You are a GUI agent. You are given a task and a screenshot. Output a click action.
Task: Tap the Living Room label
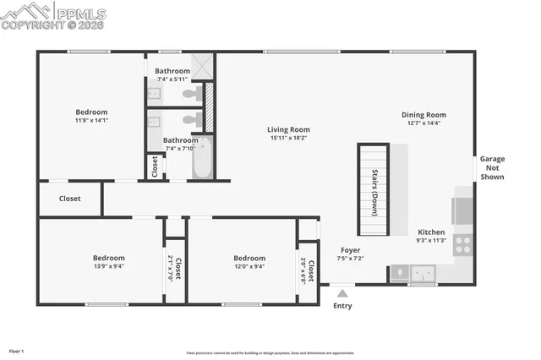(288, 128)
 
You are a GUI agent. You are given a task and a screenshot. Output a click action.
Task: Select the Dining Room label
(424, 115)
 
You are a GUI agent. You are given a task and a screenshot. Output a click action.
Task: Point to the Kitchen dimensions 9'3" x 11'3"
(431, 240)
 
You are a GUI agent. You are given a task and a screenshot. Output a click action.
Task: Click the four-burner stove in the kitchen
(463, 245)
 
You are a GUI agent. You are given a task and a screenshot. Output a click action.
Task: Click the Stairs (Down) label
(374, 192)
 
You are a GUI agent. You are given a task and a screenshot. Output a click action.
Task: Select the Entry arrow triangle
(342, 293)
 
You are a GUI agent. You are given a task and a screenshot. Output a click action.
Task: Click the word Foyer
(351, 250)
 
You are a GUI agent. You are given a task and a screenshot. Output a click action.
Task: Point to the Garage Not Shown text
(492, 167)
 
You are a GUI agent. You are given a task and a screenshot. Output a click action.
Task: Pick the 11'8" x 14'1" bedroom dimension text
(91, 121)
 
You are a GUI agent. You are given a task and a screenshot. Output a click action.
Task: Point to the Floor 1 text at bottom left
(16, 351)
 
